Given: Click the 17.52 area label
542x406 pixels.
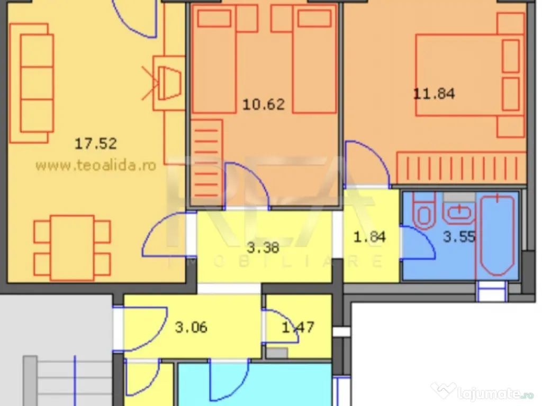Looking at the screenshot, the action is [96, 143].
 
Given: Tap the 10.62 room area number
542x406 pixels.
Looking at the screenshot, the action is [264, 104].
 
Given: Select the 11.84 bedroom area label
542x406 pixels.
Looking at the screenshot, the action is [434, 94].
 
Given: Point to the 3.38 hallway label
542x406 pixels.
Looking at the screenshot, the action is [263, 247].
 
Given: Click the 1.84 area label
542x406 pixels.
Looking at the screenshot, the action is [369, 237].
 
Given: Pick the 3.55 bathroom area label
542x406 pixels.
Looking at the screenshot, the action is [459, 237].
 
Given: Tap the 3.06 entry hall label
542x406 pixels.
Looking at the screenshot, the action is [191, 327].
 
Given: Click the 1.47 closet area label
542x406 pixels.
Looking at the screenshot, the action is [298, 327].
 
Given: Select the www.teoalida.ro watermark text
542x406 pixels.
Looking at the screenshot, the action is [96, 165].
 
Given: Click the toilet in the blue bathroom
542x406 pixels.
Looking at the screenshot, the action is [424, 211].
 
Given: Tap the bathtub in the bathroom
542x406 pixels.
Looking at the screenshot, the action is [497, 235].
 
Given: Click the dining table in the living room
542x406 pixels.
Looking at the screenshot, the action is [72, 247].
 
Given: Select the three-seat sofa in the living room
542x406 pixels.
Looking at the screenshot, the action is [32, 83].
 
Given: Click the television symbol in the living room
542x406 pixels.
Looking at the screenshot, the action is [169, 83].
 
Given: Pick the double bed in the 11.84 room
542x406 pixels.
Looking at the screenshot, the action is [470, 75].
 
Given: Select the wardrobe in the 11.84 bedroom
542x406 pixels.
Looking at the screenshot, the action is [461, 168].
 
